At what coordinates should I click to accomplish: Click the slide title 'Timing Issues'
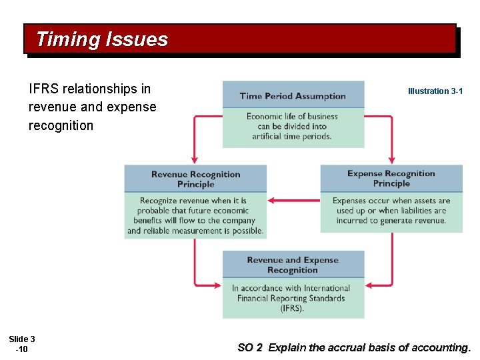tap(102, 39)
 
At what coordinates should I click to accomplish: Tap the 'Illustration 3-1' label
tap(435, 91)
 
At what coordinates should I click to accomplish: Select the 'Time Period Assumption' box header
tap(293, 96)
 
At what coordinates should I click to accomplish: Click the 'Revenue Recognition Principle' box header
tap(195, 179)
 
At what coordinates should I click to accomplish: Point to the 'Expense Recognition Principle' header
tap(391, 178)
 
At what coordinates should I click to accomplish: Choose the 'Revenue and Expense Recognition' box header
tap(293, 265)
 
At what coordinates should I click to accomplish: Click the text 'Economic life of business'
tap(292, 116)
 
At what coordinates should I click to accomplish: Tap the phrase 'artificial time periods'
tap(292, 136)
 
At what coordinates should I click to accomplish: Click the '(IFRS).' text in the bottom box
tap(293, 308)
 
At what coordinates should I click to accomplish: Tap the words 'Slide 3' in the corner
tap(22, 339)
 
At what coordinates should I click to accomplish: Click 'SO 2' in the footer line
tap(250, 347)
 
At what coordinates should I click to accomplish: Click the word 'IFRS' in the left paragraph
tap(43, 89)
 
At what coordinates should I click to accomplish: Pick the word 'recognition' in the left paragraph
tap(61, 125)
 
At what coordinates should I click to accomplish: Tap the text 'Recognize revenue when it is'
tap(193, 200)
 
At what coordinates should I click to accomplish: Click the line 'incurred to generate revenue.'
tap(391, 221)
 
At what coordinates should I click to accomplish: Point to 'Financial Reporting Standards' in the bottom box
tap(291, 298)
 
